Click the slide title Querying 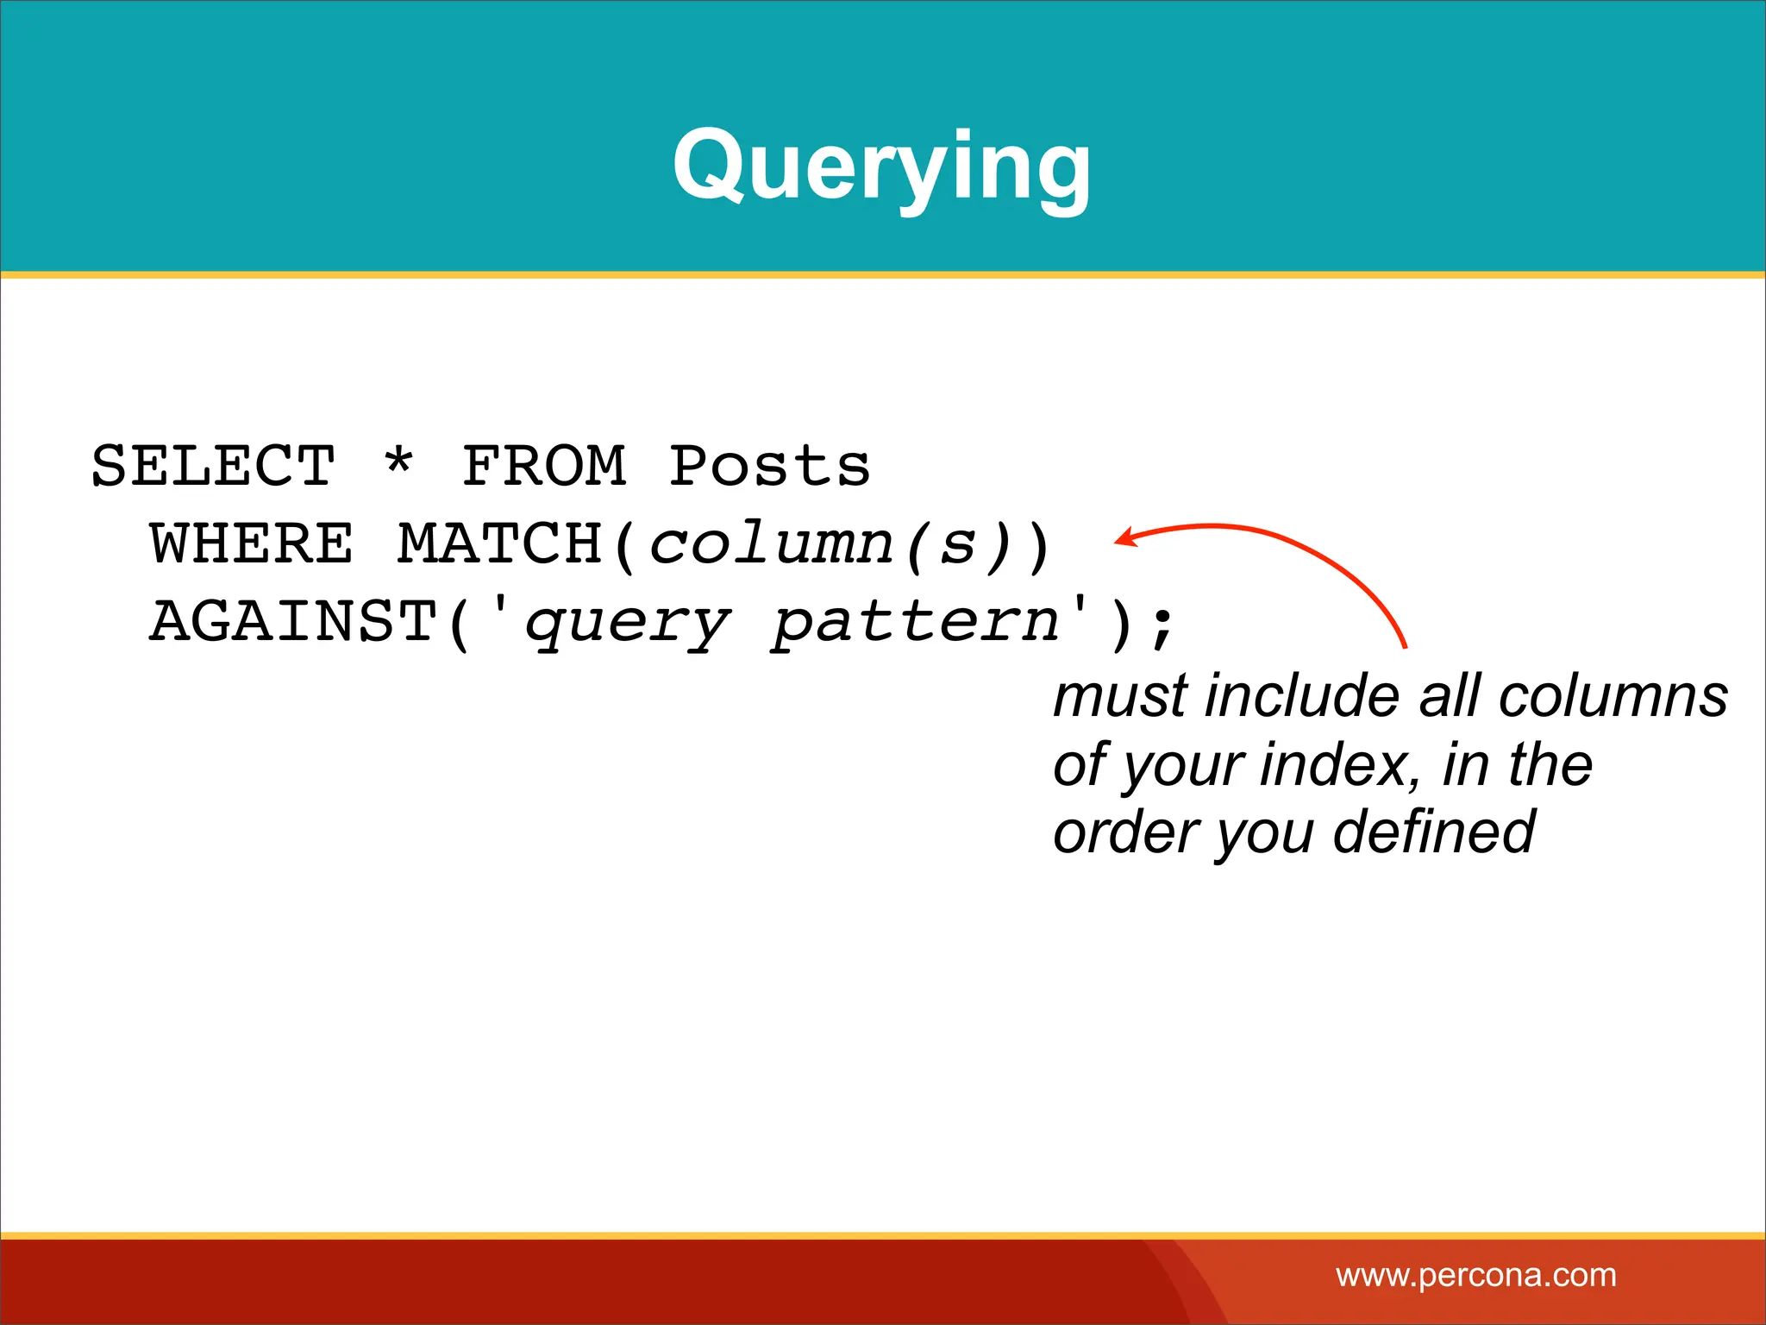881,166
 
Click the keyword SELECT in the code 213,467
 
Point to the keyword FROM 544,467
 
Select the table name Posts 769,467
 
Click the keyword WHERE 251,544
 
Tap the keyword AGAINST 293,622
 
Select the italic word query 628,625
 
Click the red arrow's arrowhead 1124,538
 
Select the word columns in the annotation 1613,697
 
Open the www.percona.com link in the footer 1475,1275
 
